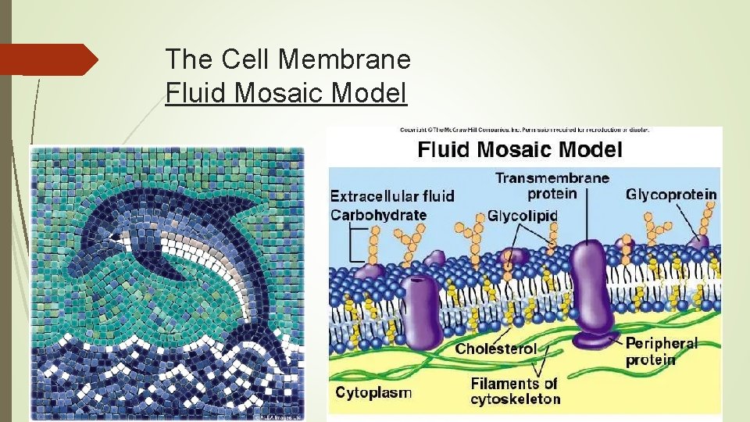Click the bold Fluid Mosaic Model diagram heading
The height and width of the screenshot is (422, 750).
tap(520, 149)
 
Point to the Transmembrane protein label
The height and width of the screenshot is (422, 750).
tap(552, 186)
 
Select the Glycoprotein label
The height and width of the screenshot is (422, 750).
tap(671, 194)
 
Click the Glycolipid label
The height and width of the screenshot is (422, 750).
tap(523, 215)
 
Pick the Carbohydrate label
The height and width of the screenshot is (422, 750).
tap(379, 215)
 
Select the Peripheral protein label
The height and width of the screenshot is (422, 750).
tap(661, 352)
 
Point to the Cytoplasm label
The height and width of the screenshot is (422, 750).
tap(373, 392)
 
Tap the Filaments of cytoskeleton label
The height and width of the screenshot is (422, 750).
tap(516, 391)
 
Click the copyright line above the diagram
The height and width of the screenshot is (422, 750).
tap(523, 129)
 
